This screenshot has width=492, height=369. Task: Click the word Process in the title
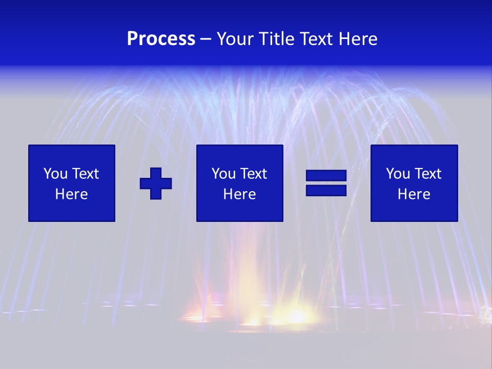pos(161,39)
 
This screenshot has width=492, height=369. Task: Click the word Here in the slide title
pos(359,39)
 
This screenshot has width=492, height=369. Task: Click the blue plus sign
pos(156,183)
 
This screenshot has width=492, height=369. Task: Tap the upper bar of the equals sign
pos(326,176)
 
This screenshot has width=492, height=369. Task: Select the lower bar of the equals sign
pos(326,190)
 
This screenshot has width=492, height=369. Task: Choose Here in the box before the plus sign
pos(71,194)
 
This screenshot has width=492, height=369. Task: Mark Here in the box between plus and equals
pos(239,194)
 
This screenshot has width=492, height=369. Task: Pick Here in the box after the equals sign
pos(414,194)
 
